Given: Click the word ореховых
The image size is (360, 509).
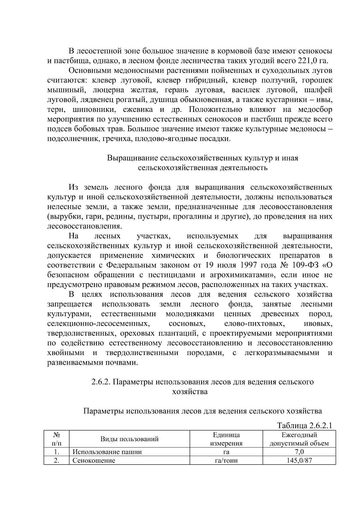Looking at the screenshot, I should [137, 334].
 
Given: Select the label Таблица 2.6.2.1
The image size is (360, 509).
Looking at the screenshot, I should [304, 426].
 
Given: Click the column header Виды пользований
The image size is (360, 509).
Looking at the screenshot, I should [129, 439].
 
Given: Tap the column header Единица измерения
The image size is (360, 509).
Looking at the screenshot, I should [226, 439].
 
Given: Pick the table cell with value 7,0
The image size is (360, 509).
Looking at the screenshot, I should [299, 452].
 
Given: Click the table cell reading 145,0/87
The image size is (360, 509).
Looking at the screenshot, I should [299, 461].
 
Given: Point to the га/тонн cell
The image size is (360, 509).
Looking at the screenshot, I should [226, 461].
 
